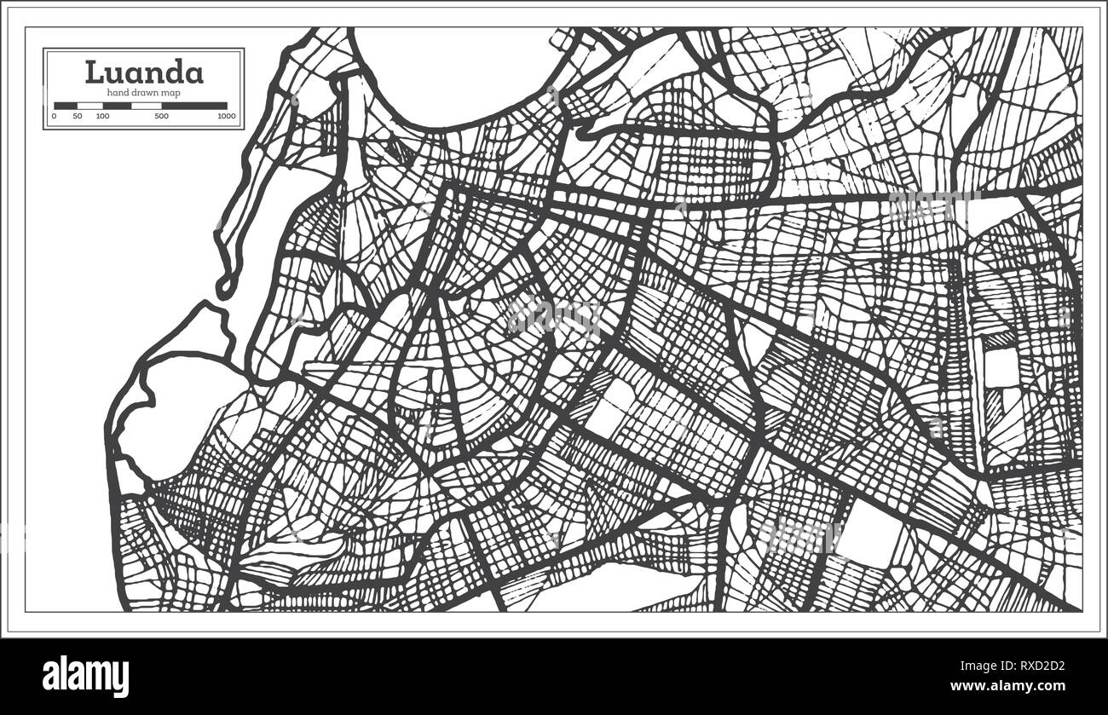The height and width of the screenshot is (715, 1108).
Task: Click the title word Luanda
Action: [x=144, y=72]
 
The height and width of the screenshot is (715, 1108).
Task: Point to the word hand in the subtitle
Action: [x=118, y=92]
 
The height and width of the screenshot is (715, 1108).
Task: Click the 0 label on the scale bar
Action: [x=54, y=116]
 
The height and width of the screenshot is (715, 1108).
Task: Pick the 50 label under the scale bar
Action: [x=78, y=116]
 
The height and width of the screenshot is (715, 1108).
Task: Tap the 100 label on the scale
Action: [x=102, y=116]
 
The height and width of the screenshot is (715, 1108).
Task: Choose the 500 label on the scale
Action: [x=161, y=116]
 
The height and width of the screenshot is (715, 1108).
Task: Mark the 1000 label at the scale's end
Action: [x=227, y=116]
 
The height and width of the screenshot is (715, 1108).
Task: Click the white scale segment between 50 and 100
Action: [x=89, y=106]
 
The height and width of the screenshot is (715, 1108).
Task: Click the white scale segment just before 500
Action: [x=146, y=106]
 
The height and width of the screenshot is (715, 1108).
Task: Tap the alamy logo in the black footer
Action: [x=85, y=676]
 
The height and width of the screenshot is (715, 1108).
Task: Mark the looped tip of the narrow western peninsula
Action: [x=224, y=285]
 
